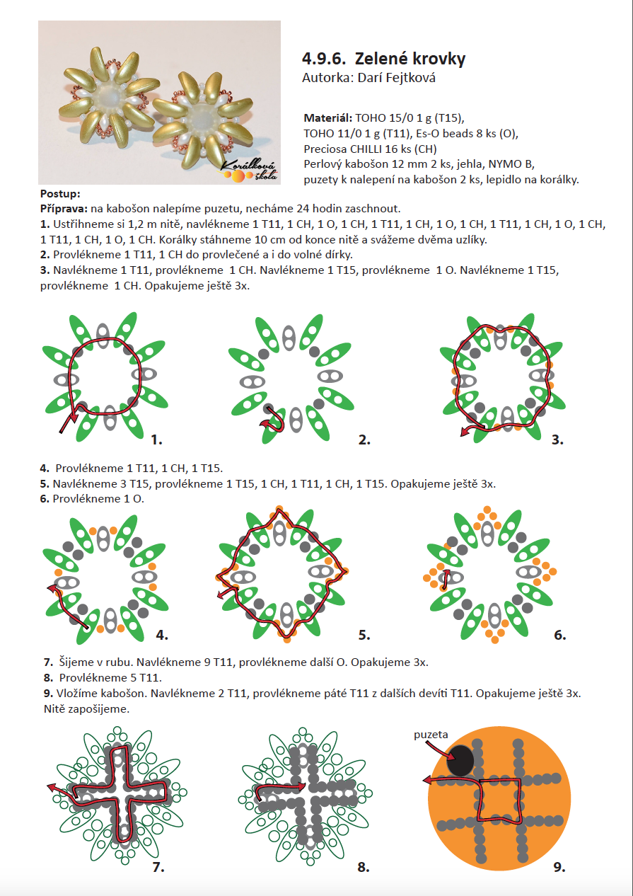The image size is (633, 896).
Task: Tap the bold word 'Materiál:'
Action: (x=328, y=117)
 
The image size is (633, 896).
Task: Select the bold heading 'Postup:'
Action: (x=60, y=193)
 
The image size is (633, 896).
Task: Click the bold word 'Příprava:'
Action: (x=64, y=208)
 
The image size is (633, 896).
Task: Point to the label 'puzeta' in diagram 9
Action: (x=431, y=735)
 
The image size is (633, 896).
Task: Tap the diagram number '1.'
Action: (x=156, y=440)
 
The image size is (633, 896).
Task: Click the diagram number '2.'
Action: (x=364, y=440)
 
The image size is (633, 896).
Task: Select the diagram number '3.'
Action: (x=557, y=440)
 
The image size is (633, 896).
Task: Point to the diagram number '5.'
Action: (x=364, y=635)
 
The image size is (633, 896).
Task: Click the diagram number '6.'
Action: (x=560, y=635)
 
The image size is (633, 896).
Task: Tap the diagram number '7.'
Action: (x=158, y=867)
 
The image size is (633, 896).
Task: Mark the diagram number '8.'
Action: (x=364, y=867)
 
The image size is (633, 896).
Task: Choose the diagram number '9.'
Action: (x=559, y=867)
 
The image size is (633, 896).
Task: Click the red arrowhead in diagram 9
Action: (x=427, y=780)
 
